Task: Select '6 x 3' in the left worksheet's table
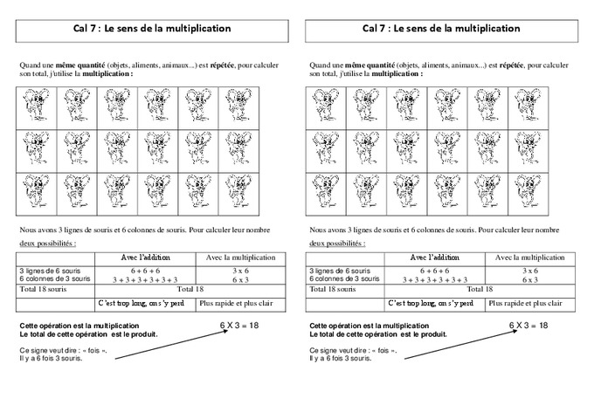240,279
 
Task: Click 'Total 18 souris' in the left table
44,289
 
